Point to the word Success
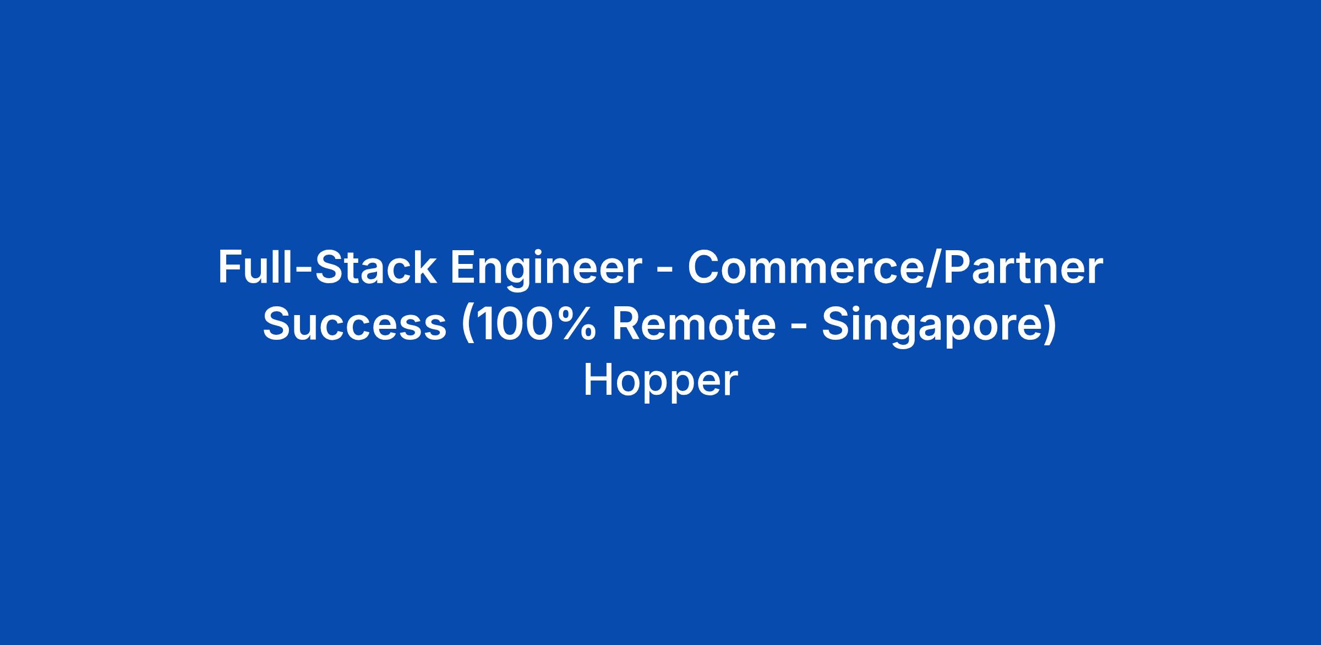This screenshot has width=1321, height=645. (x=354, y=324)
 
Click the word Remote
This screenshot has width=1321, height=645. (x=694, y=324)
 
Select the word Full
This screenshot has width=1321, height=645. (x=250, y=268)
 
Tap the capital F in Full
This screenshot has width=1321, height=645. (x=230, y=268)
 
